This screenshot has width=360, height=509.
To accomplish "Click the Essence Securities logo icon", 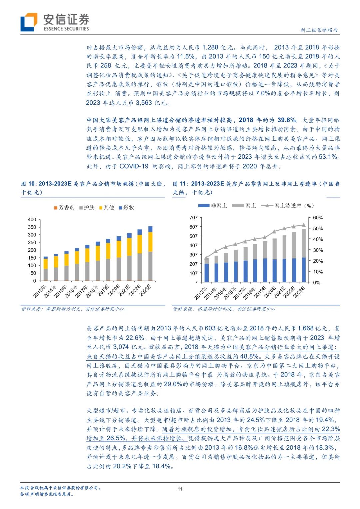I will [x=29, y=22].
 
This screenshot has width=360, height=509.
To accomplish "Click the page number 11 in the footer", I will [x=180, y=489].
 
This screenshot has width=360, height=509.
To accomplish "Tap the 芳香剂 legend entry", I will [x=65, y=208].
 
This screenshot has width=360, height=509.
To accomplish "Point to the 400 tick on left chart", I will [x=32, y=219].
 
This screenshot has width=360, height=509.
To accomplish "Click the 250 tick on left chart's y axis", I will [x=32, y=242].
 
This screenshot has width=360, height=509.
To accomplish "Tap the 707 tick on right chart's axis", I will [x=193, y=218].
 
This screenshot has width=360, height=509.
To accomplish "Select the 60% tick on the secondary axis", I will [x=318, y=218].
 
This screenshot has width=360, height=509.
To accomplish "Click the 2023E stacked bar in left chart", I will [x=150, y=253].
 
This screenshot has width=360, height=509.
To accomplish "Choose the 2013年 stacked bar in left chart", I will [x=46, y=269].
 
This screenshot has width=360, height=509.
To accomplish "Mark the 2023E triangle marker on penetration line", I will [x=304, y=225].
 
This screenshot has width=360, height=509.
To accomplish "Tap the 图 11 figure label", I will [x=180, y=184].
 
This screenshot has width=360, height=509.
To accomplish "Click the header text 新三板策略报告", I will [x=319, y=30].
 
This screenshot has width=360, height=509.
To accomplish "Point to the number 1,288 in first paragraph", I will [x=210, y=48].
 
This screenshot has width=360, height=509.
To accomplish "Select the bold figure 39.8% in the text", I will [x=287, y=120].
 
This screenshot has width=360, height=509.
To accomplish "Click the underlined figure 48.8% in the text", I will [x=250, y=356].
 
